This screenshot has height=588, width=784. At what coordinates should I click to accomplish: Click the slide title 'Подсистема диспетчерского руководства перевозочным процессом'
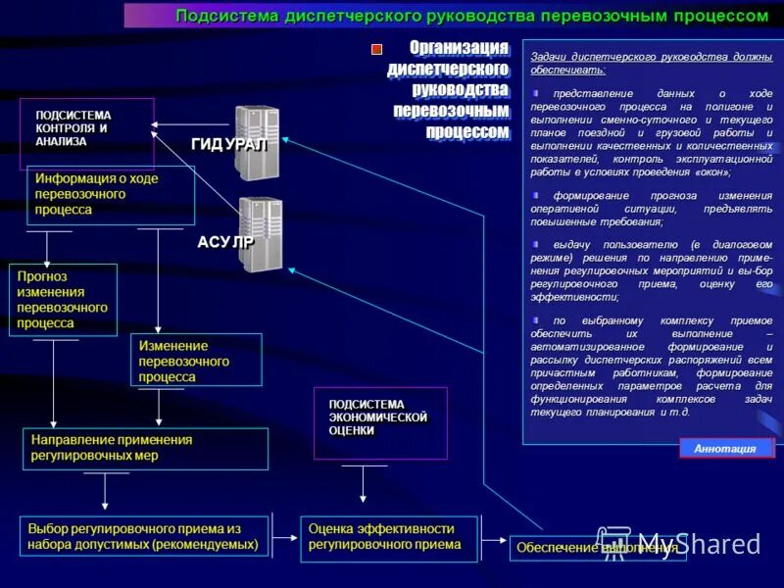(471, 16)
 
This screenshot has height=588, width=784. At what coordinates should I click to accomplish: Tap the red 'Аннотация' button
(725, 449)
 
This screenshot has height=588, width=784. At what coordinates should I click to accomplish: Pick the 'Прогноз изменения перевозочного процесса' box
(63, 300)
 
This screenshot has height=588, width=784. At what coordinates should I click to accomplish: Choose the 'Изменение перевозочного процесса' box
(196, 361)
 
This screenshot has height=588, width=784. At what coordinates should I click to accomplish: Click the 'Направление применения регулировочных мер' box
(145, 448)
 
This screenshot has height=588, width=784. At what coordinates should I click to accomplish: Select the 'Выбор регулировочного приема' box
(144, 537)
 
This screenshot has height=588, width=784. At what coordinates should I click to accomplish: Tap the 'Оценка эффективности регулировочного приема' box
(389, 537)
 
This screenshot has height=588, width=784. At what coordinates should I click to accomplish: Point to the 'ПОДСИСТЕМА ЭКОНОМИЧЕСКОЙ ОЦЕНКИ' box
(380, 422)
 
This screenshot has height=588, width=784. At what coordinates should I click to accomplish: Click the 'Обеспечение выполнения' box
(597, 548)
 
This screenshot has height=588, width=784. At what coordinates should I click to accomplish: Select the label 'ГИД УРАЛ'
(227, 145)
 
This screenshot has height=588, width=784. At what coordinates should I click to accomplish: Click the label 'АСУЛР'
(225, 242)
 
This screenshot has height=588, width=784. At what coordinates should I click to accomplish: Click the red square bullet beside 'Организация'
(375, 49)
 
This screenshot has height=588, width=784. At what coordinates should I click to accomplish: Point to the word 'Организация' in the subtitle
(459, 48)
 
